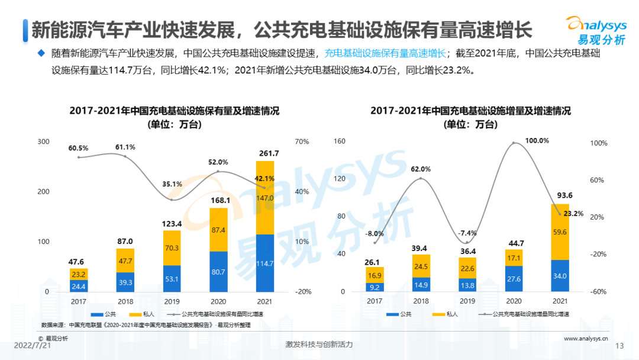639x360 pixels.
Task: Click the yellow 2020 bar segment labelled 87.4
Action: pyautogui.click(x=218, y=230)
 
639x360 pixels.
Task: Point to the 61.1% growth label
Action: pyautogui.click(x=125, y=147)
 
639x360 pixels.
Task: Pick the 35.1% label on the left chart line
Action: pyautogui.click(x=172, y=184)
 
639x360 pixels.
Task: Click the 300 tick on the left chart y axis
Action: pyautogui.click(x=43, y=142)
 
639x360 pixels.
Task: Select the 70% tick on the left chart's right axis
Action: pyautogui.click(x=302, y=142)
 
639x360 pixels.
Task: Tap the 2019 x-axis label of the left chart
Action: pyautogui.click(x=172, y=301)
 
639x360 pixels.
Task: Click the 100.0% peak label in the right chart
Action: pyautogui.click(x=521, y=141)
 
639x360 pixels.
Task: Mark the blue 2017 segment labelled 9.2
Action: pyautogui.click(x=375, y=287)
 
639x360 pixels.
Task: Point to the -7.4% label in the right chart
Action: pyautogui.click(x=466, y=233)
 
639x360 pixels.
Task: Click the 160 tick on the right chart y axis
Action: pyautogui.click(x=340, y=142)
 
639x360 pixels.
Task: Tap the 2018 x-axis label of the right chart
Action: pyautogui.click(x=421, y=301)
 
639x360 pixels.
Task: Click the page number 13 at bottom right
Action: pyautogui.click(x=620, y=346)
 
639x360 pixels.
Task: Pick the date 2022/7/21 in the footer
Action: pyautogui.click(x=31, y=345)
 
